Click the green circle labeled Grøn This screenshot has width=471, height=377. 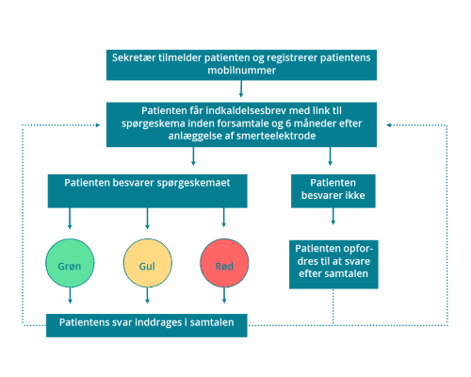pos(70,263)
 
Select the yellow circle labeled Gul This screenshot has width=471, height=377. pos(147,263)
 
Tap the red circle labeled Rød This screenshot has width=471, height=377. pos(224,263)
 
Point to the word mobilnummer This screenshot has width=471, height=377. pos(241,70)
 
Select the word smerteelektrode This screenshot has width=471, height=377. pos(276,136)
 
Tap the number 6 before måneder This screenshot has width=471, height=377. pos(288,123)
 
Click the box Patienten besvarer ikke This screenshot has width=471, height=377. pos(333,191)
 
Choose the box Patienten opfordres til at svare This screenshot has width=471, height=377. pos(333,264)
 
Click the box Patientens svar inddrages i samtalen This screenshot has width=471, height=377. pos(147,325)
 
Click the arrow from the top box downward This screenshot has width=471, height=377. pos(241,89)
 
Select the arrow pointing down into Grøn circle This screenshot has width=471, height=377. pos(70,219)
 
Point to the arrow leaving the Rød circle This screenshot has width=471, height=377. pos(224,295)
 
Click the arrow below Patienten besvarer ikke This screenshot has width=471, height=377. pos(333,216)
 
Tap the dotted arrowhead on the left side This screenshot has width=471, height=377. pos(98,125)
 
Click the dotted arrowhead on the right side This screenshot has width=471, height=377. pos(389,125)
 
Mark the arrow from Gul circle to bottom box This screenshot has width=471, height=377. pos(147,295)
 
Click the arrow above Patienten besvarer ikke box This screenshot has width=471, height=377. pos(330,156)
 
